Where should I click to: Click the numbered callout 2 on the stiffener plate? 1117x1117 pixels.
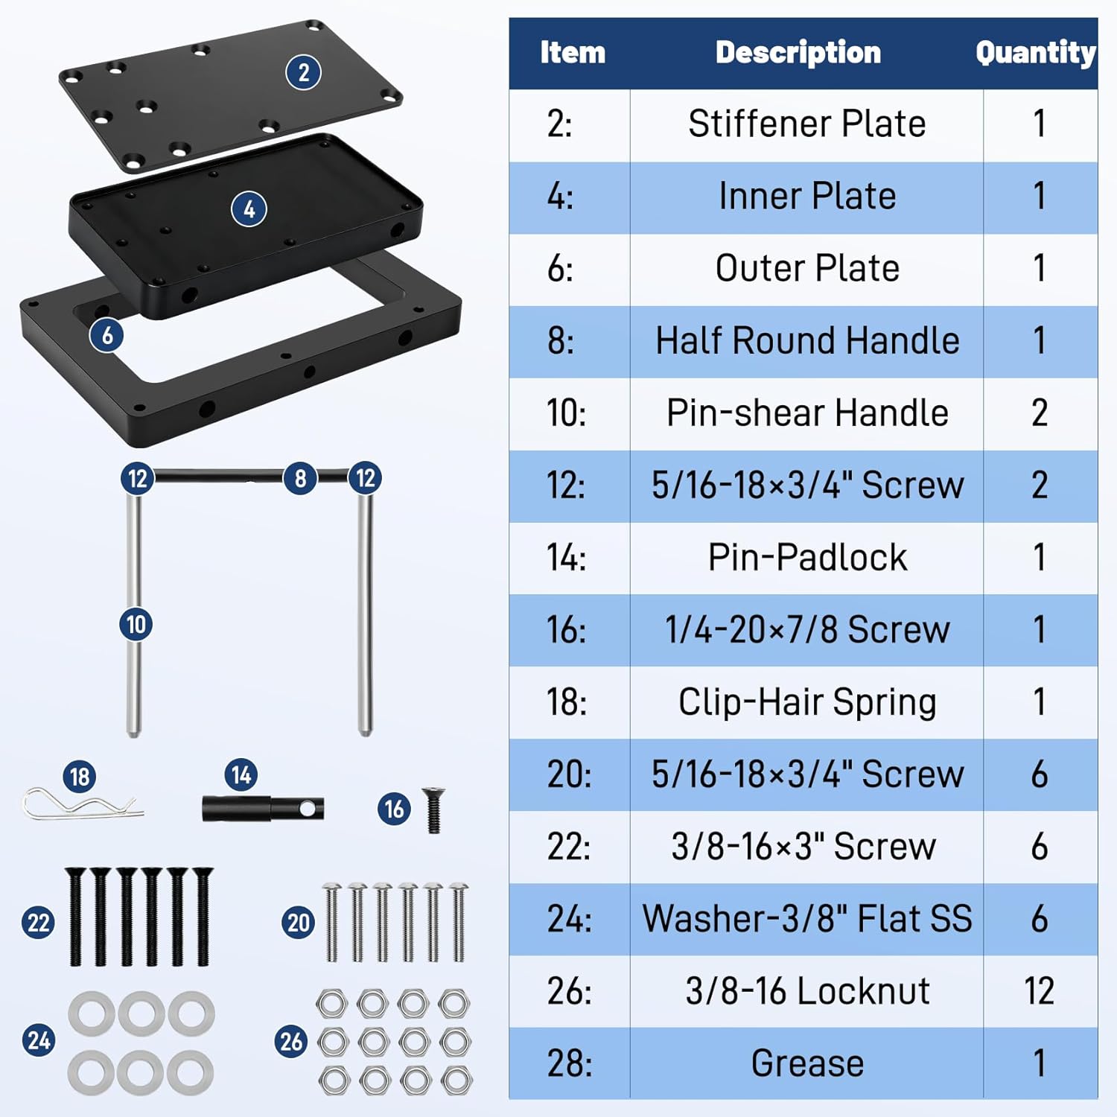coord(303,72)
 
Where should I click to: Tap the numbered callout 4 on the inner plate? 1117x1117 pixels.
coord(249,209)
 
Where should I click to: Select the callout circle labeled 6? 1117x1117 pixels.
coord(107,335)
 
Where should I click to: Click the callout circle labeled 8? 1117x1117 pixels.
coord(300,478)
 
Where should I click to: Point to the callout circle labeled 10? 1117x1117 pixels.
coord(136,624)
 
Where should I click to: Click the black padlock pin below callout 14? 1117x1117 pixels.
coord(262,809)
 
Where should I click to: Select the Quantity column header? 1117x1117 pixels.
coord(1035,53)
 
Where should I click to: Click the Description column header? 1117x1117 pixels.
coord(798,53)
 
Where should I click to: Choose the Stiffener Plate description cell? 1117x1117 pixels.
coord(806,124)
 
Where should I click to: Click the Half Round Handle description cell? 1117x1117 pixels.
coord(806,341)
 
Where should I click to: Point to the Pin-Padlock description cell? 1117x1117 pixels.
coord(806,558)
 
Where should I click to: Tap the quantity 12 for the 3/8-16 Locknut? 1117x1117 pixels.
coord(1039,991)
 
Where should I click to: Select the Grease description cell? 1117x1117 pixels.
coord(806,1063)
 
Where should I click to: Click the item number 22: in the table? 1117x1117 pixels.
coord(569,847)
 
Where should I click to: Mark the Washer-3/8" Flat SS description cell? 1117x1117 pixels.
coord(806,919)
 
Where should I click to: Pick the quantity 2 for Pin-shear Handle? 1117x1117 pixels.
coord(1039,413)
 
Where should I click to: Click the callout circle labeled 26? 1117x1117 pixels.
coord(291,1040)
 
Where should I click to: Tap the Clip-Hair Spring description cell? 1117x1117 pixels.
coord(806,702)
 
